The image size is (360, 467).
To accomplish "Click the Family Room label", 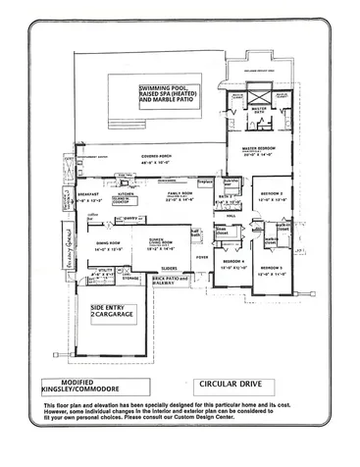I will (180, 195).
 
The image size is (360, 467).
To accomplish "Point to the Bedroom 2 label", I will (271, 195).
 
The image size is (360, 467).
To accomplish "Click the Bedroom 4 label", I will (232, 263).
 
